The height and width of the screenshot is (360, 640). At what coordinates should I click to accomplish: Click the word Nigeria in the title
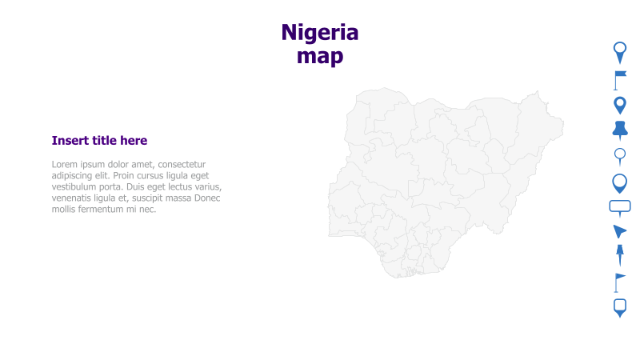(x=319, y=33)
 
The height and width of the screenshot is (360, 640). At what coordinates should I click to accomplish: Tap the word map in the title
(x=319, y=57)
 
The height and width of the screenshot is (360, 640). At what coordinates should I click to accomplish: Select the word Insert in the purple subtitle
(x=70, y=141)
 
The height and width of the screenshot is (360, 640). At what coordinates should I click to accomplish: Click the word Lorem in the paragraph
(x=66, y=165)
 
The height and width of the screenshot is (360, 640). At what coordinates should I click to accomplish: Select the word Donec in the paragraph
(x=206, y=198)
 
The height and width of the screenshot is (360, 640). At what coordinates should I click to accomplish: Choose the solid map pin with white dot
(x=619, y=104)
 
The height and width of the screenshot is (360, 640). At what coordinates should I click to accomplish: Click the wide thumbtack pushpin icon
(x=619, y=130)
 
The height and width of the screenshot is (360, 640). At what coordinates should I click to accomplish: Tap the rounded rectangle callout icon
(x=620, y=207)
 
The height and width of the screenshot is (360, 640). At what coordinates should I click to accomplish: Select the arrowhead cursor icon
(x=619, y=232)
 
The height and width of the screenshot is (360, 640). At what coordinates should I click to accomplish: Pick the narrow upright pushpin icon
(x=619, y=255)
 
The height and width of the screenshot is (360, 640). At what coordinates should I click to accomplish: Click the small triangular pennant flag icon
(x=619, y=282)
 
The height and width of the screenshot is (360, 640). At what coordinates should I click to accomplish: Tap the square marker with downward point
(x=619, y=308)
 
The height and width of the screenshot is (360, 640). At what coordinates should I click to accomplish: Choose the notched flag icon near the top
(x=620, y=78)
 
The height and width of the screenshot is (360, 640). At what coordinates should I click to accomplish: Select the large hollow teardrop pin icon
(x=619, y=182)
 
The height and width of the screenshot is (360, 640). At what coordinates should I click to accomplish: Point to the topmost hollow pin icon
(x=619, y=51)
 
